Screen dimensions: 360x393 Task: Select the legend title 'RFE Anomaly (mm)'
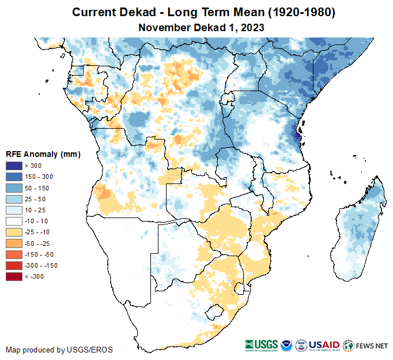pos(43,155)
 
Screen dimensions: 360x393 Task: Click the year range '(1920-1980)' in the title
pos(286,12)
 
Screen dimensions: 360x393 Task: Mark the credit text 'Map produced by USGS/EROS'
pos(59,350)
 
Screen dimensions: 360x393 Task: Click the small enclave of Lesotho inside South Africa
pos(215,313)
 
